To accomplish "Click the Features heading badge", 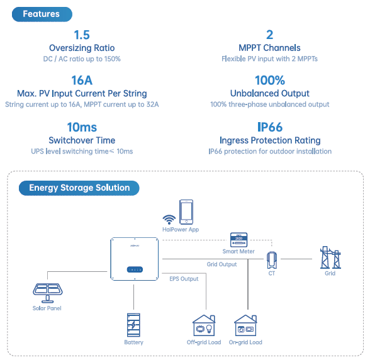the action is click(x=42, y=14).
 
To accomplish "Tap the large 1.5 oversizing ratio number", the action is click(x=82, y=35).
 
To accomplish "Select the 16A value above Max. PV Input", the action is click(x=82, y=81).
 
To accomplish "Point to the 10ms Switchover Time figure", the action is click(x=82, y=127).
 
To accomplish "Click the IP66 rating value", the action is click(x=270, y=127).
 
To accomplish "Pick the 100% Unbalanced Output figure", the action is click(x=270, y=81).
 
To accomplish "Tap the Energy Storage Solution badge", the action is click(x=79, y=188).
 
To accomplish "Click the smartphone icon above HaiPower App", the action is click(x=186, y=211).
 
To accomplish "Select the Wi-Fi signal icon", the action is click(x=169, y=220).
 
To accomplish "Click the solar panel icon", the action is click(x=47, y=293).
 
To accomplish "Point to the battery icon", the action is click(x=133, y=325).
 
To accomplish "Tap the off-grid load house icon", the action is click(x=204, y=325).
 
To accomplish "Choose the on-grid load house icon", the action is click(x=245, y=325).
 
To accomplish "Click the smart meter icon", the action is click(x=239, y=240).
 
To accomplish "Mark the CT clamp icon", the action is click(x=272, y=260).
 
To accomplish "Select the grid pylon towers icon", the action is click(x=330, y=257).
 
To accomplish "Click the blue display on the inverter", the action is click(x=135, y=269).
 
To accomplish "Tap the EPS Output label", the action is click(x=184, y=279).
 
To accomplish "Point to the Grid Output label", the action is click(x=221, y=264).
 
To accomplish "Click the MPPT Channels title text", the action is click(x=269, y=48).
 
